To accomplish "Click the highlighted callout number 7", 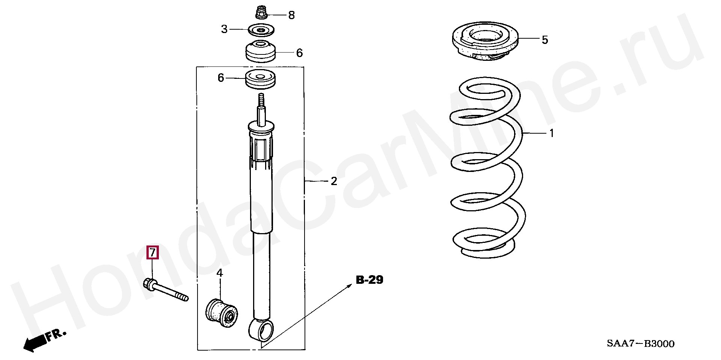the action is pyautogui.click(x=152, y=253).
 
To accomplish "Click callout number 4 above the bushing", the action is pyautogui.click(x=220, y=273).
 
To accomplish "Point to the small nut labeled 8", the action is pyautogui.click(x=260, y=12).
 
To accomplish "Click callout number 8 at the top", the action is pyautogui.click(x=291, y=15).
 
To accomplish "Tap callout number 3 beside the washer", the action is pyautogui.click(x=224, y=29).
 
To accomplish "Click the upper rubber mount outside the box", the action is pyautogui.click(x=260, y=51).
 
